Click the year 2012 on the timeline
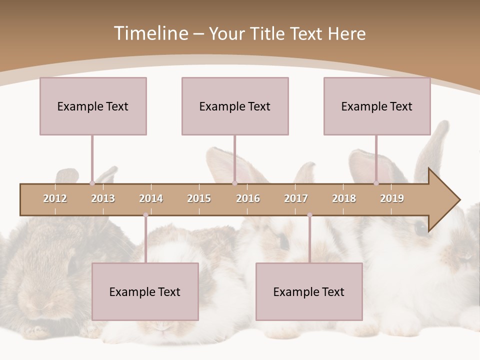[55, 198]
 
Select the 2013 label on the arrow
[103, 198]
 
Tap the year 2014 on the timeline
[151, 198]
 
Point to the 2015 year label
[199, 198]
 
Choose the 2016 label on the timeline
[248, 198]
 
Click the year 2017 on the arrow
[296, 198]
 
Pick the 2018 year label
[344, 198]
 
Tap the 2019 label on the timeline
[392, 198]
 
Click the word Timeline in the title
[150, 33]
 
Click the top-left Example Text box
[93, 106]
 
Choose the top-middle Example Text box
[235, 106]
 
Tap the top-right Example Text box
[377, 106]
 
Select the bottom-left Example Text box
[145, 291]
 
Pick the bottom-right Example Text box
[309, 291]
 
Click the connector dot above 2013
[92, 183]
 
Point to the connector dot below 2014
[145, 215]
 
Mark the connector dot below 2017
[309, 215]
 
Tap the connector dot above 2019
[376, 183]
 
